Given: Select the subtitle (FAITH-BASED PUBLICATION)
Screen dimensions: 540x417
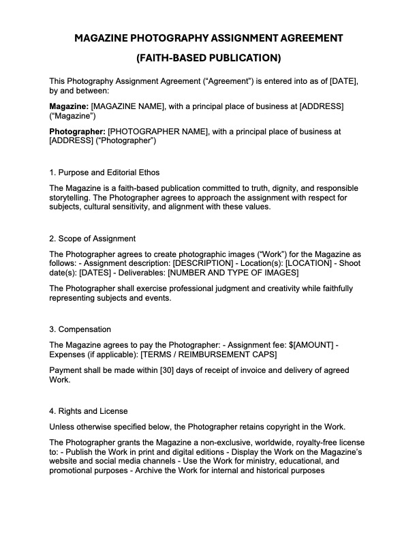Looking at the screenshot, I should pyautogui.click(x=208, y=58).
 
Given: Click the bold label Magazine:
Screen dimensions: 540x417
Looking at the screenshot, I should pyautogui.click(x=69, y=106).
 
